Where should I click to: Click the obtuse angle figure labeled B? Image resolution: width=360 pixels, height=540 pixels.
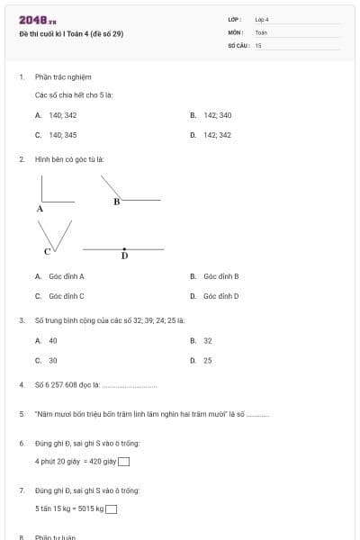[x=126, y=191]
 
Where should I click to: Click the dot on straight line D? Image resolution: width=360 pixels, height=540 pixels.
[x=124, y=247]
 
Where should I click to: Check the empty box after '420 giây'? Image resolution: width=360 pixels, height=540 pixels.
[x=123, y=463]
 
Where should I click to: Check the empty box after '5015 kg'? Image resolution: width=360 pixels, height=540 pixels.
[x=111, y=509]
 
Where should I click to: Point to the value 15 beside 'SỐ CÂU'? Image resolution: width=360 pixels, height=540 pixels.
[x=258, y=44]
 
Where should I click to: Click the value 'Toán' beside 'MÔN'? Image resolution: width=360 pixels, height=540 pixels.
[x=261, y=32]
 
